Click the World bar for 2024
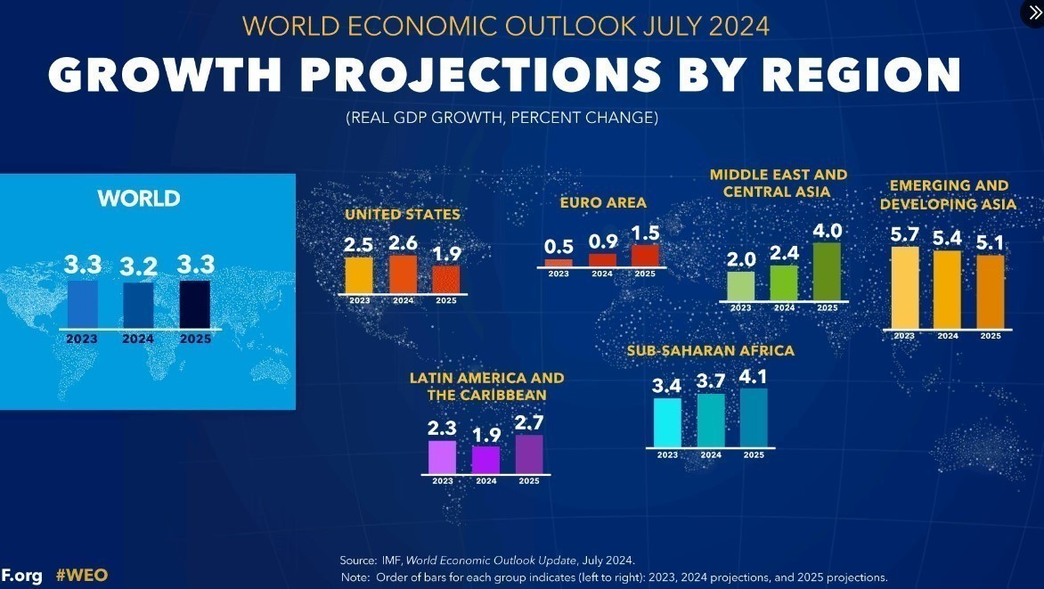[138, 306]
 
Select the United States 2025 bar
[446, 279]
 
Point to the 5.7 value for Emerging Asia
[905, 235]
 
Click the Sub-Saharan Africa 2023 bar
[667, 422]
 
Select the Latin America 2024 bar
[485, 460]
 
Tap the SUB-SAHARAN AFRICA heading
[710, 351]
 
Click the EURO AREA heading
[603, 203]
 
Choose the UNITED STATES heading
[403, 214]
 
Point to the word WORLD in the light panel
[139, 198]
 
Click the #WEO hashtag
[82, 575]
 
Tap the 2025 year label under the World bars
[195, 339]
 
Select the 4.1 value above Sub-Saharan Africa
[753, 377]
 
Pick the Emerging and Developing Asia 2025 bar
[991, 291]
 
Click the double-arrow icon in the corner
[1033, 12]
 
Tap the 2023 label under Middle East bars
[740, 308]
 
